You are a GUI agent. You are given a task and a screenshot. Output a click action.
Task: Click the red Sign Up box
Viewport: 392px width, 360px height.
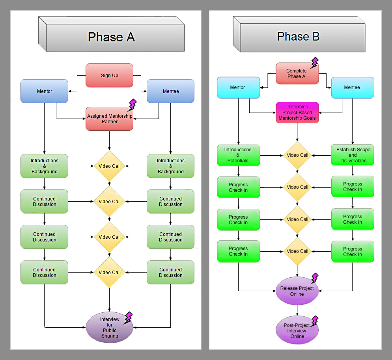pyautogui.click(x=109, y=76)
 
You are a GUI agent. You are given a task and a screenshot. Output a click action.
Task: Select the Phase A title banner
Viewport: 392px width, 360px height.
pyautogui.click(x=112, y=37)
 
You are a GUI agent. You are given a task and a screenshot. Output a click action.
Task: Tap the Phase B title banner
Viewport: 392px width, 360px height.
pyautogui.click(x=299, y=37)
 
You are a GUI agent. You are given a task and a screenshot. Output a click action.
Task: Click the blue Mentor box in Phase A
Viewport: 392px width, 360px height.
pyautogui.click(x=45, y=91)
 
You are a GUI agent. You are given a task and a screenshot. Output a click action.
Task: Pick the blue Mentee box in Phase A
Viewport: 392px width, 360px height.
pyautogui.click(x=170, y=91)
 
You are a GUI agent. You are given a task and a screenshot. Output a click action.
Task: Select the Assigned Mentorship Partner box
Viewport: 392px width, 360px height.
pyautogui.click(x=109, y=119)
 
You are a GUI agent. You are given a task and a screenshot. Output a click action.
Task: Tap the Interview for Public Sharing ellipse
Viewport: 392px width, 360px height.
pyautogui.click(x=109, y=327)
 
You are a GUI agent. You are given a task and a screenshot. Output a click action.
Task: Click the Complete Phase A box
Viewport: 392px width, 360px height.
pyautogui.click(x=297, y=74)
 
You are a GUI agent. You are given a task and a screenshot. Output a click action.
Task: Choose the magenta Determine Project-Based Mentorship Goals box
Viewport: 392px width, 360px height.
pyautogui.click(x=297, y=112)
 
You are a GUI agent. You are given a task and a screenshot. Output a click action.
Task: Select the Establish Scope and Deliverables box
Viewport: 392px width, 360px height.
pyautogui.click(x=353, y=155)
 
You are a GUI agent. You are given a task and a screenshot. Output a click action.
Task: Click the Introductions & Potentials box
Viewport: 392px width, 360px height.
pyautogui.click(x=238, y=155)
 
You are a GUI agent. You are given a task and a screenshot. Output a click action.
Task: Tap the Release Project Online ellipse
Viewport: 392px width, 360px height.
pyautogui.click(x=297, y=291)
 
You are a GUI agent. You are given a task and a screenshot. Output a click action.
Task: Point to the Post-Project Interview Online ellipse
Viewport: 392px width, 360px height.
pyautogui.click(x=297, y=330)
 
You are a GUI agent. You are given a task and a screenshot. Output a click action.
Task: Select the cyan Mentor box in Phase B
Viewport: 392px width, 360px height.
pyautogui.click(x=238, y=87)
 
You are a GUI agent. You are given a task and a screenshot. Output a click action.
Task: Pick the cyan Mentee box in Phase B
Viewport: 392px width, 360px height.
pyautogui.click(x=352, y=87)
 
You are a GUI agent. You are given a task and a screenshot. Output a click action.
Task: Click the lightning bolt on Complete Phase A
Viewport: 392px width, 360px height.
pyautogui.click(x=314, y=63)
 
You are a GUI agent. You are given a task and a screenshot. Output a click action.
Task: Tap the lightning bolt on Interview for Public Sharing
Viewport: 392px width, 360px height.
pyautogui.click(x=128, y=318)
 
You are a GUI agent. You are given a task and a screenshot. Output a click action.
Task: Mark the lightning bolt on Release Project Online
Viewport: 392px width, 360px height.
pyautogui.click(x=314, y=278)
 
